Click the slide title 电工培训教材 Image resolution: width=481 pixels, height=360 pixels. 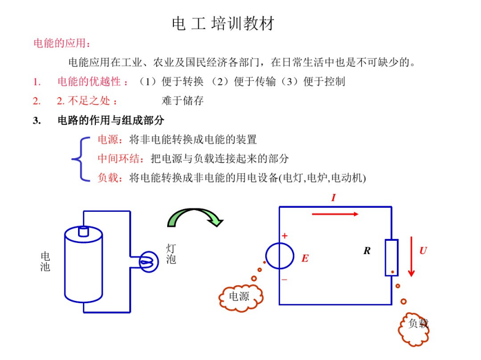(x=223, y=23)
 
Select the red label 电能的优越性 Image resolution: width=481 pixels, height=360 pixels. (x=89, y=81)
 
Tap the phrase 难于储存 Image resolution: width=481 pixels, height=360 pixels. (x=182, y=100)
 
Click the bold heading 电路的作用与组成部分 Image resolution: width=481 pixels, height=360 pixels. (x=111, y=120)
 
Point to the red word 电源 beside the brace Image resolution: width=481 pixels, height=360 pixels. (x=108, y=139)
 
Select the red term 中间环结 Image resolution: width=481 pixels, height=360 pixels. (x=119, y=158)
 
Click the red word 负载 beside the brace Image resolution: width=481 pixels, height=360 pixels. (x=108, y=178)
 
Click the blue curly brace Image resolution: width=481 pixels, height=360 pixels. (x=80, y=159)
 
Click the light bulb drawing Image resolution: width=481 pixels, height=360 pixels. (x=149, y=261)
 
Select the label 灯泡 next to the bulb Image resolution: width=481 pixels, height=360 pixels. (x=171, y=254)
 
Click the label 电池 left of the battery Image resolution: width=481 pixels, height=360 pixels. (x=45, y=261)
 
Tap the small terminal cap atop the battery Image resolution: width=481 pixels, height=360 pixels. (x=84, y=231)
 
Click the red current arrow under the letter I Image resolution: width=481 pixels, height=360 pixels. (x=335, y=214)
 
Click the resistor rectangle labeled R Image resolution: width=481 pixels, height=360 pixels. (x=392, y=257)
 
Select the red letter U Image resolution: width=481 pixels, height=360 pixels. (x=424, y=251)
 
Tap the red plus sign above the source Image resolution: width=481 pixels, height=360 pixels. (x=285, y=236)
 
